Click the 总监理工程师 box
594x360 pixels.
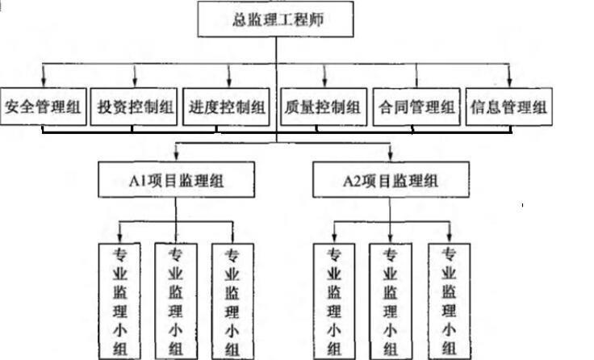pyautogui.click(x=276, y=19)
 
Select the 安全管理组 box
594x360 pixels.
pyautogui.click(x=44, y=107)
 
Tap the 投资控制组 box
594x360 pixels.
pyautogui.click(x=135, y=107)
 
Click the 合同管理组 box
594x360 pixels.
pyautogui.click(x=416, y=107)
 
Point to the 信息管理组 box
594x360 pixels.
pyautogui.click(x=510, y=107)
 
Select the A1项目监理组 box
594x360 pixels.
pyautogui.click(x=176, y=178)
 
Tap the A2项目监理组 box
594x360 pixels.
pyautogui.click(x=391, y=178)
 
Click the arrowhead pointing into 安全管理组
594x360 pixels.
pyautogui.click(x=42, y=81)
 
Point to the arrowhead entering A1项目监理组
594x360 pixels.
pyautogui.click(x=176, y=155)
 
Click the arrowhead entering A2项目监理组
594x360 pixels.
pyautogui.click(x=391, y=155)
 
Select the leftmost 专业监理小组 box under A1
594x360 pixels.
pyautogui.click(x=119, y=299)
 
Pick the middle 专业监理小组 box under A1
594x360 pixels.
pyautogui.click(x=176, y=299)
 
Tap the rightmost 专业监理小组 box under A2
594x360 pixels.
pyautogui.click(x=447, y=299)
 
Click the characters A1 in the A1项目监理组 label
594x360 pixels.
pyautogui.click(x=134, y=178)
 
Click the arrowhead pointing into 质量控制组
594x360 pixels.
pyautogui.click(x=324, y=81)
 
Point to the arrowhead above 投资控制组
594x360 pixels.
pyautogui.click(x=135, y=81)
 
